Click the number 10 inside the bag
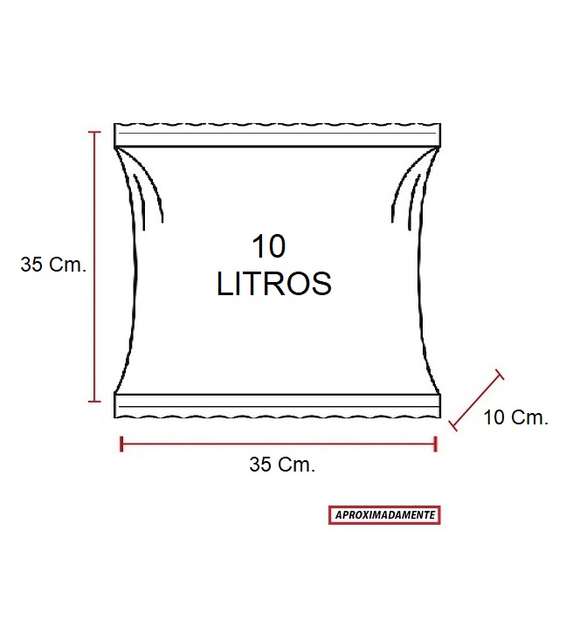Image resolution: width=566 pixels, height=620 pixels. (268, 246)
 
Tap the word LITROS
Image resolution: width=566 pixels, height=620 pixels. (273, 284)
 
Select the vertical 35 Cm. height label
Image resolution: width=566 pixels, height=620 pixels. (53, 264)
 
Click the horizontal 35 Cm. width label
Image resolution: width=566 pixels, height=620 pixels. (282, 465)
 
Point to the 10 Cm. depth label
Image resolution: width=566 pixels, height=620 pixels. (515, 417)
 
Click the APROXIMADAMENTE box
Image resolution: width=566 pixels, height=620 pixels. (384, 515)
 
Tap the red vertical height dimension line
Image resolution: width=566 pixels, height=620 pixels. (94, 266)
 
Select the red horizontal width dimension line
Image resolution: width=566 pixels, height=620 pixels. (279, 444)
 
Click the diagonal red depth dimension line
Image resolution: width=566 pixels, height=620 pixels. (476, 401)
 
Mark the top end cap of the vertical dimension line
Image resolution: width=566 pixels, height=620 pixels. (94, 132)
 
